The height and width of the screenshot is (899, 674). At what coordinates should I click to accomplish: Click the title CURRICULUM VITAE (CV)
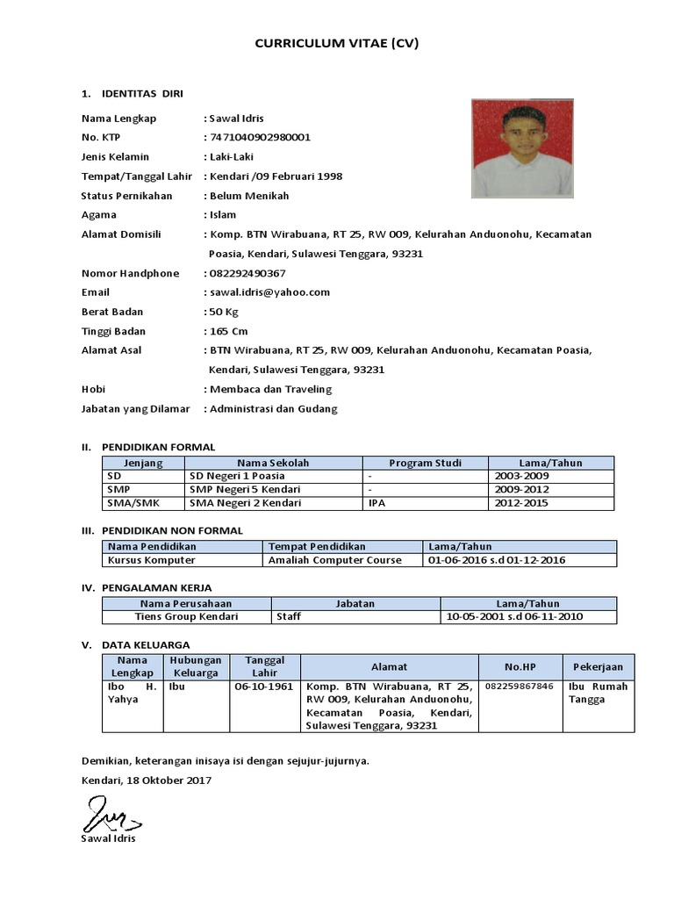[x=337, y=42]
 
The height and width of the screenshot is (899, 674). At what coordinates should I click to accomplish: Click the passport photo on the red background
[x=522, y=148]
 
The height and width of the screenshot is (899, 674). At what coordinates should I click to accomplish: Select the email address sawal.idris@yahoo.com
[x=269, y=292]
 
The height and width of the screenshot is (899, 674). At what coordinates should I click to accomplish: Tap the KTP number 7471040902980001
[x=259, y=138]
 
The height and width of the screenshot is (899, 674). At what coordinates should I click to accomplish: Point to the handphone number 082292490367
[x=247, y=273]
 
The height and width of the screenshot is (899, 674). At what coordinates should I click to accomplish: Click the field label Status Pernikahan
[x=126, y=196]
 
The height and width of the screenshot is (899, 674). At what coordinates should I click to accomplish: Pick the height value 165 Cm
[x=228, y=331]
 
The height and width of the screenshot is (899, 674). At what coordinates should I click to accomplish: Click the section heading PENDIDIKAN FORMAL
[x=158, y=447]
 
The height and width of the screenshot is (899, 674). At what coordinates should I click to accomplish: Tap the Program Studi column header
[x=425, y=463]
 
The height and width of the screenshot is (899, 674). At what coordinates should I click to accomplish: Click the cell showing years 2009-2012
[x=522, y=490]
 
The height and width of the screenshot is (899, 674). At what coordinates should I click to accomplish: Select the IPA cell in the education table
[x=376, y=503]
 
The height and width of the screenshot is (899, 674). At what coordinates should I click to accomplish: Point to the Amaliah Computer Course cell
[x=334, y=560]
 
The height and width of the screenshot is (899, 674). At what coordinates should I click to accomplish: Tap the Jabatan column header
[x=355, y=603]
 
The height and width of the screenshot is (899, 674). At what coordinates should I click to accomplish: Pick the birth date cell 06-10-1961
[x=263, y=687]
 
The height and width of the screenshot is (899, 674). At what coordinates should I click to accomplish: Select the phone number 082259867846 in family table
[x=520, y=687]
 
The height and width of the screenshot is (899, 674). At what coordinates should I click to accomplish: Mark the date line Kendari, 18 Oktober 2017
[x=146, y=780]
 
